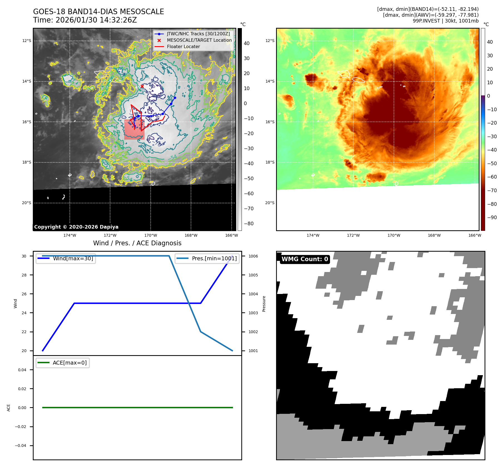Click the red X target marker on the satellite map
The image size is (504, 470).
(142, 86)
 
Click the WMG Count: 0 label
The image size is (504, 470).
(305, 259)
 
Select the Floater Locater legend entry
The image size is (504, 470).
(183, 47)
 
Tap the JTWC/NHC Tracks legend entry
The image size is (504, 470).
(198, 34)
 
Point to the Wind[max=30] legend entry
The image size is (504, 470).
(73, 258)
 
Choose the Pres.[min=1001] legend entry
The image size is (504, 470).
(214, 258)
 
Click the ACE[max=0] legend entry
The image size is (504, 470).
(69, 363)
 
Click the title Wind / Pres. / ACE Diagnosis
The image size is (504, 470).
(137, 243)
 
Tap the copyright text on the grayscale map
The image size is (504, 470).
(76, 227)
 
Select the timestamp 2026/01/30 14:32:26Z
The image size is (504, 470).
(96, 20)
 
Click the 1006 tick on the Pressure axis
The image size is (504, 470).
(253, 256)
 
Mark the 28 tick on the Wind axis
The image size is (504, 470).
(24, 275)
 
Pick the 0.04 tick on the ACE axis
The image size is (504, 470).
(22, 370)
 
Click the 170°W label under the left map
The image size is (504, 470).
(151, 235)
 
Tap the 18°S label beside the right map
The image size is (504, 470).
(270, 162)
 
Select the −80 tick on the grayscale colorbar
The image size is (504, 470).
(249, 224)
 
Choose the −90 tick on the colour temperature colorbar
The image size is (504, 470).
(492, 217)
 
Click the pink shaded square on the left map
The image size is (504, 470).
(134, 130)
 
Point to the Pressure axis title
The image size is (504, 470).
(264, 304)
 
